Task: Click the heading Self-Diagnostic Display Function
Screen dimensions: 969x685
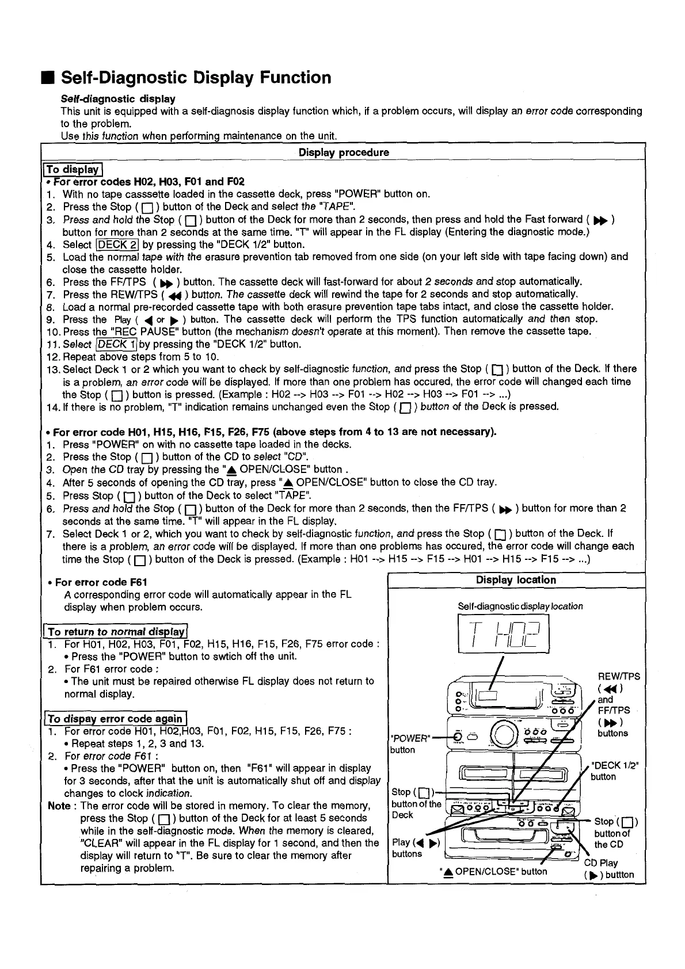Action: (x=196, y=78)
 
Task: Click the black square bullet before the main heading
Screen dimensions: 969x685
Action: (x=49, y=78)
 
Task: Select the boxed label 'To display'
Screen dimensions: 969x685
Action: (x=73, y=169)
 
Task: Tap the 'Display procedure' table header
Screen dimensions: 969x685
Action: (x=344, y=152)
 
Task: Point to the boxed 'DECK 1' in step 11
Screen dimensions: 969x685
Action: (x=117, y=344)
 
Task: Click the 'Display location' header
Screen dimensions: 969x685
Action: (x=516, y=580)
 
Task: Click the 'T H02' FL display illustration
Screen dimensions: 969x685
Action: (x=503, y=634)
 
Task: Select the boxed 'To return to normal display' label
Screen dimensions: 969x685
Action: (x=117, y=631)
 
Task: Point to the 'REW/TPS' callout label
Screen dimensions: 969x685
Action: (x=619, y=677)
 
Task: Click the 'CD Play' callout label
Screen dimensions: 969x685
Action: (x=601, y=863)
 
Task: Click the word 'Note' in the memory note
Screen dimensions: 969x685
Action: (x=59, y=806)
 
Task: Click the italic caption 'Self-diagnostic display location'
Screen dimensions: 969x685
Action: (x=520, y=606)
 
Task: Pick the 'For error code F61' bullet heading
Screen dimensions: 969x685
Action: (x=101, y=582)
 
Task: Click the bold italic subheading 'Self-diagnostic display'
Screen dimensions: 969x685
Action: (x=118, y=99)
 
